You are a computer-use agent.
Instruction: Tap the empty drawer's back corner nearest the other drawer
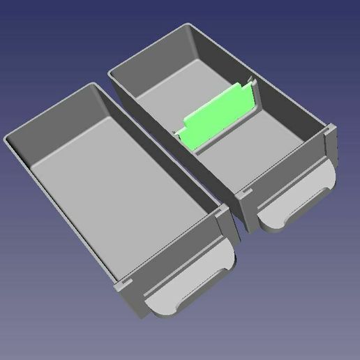coord(93,85)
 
